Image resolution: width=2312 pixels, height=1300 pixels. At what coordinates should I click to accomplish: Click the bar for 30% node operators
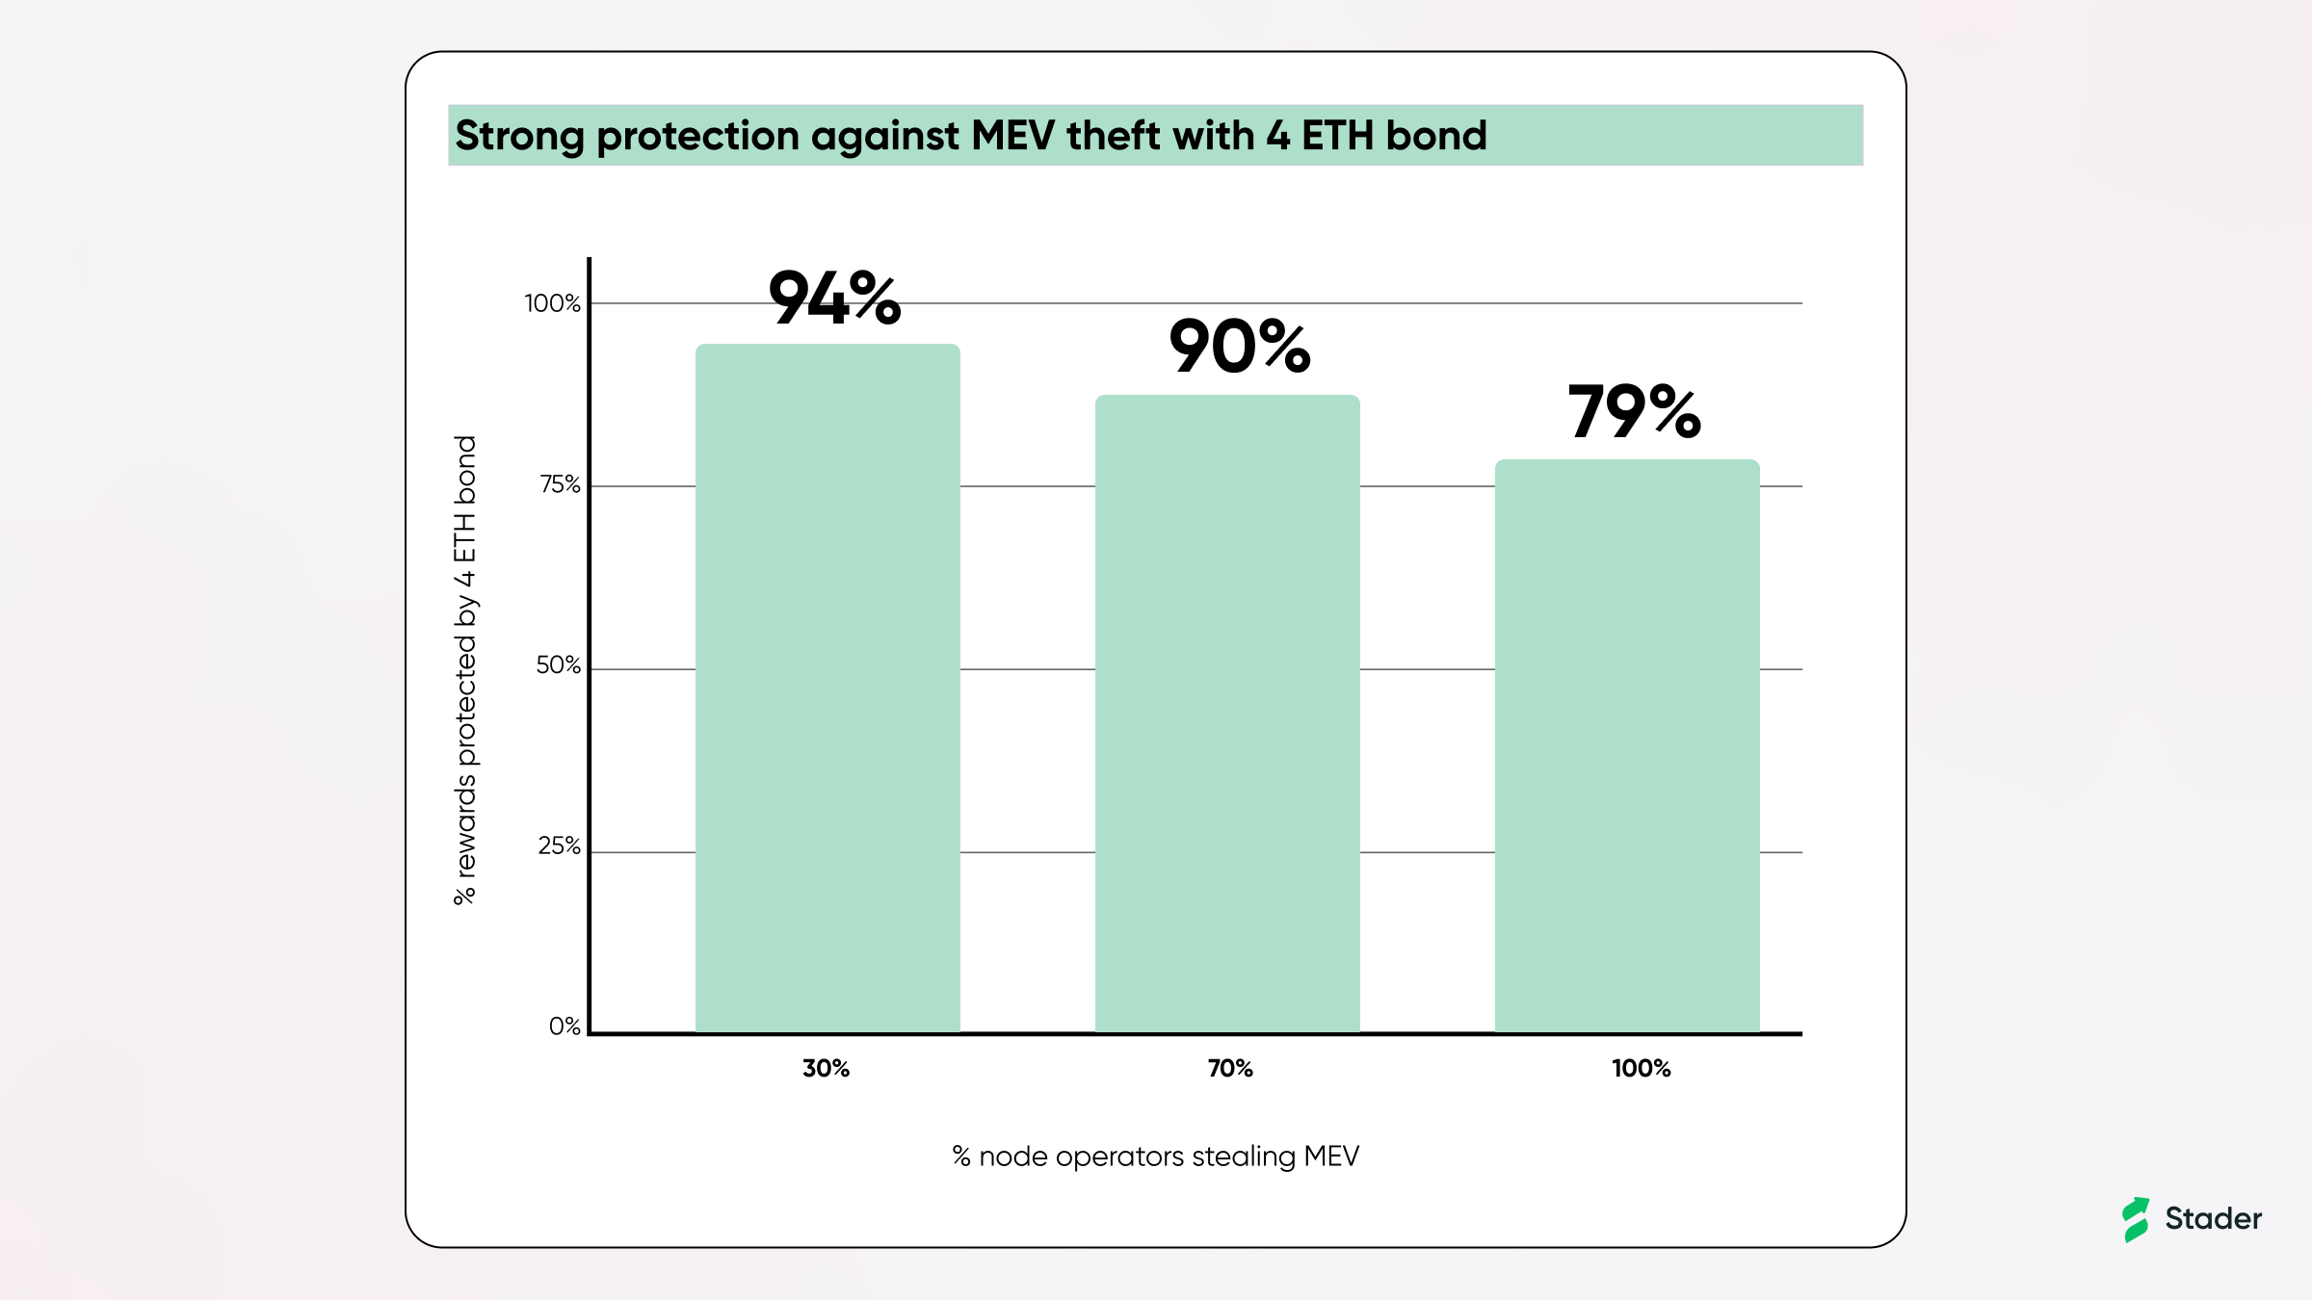click(828, 688)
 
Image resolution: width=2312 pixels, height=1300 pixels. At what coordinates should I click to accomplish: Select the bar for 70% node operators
click(1227, 713)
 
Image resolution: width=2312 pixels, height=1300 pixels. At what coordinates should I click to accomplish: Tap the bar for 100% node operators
click(1627, 745)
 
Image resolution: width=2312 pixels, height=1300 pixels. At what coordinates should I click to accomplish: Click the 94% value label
click(834, 298)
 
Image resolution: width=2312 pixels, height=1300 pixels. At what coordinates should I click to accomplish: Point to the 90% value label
click(1239, 347)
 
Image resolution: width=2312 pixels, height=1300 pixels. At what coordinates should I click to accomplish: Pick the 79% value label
click(1634, 412)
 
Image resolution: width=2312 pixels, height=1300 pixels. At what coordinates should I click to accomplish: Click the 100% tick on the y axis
click(552, 304)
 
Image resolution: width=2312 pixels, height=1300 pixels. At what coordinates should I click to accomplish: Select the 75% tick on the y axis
click(560, 484)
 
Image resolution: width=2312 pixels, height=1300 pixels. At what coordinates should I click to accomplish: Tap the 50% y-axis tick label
click(558, 665)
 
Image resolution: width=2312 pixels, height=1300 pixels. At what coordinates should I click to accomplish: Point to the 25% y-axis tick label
click(559, 846)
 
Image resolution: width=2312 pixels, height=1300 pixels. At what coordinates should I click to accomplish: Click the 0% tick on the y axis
click(565, 1027)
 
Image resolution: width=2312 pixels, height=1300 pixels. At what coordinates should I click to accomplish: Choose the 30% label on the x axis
click(826, 1068)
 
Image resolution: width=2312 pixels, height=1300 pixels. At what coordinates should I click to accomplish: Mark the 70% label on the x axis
click(1230, 1068)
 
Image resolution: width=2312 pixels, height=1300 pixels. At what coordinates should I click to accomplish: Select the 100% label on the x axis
click(1641, 1068)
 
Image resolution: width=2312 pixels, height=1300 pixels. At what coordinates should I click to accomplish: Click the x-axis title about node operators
click(1155, 1157)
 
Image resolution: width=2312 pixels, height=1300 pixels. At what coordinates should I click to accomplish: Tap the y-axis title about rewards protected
click(465, 670)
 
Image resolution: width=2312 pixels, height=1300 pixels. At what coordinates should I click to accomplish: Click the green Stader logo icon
click(2136, 1219)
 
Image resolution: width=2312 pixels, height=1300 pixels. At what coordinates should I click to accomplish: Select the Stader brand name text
click(2213, 1219)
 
